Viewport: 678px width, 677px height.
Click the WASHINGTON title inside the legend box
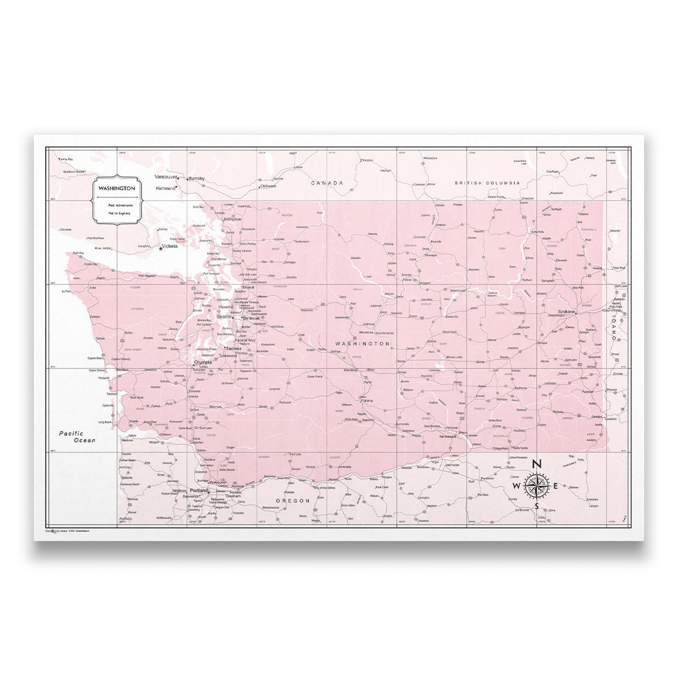[116, 188]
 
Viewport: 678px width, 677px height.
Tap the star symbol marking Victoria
[161, 248]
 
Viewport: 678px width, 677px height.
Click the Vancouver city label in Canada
[166, 177]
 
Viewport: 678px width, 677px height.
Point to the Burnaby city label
[196, 178]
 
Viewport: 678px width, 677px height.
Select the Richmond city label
[166, 188]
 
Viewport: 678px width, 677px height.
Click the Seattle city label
[223, 317]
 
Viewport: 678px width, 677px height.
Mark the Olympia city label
[203, 362]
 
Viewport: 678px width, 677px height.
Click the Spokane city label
[567, 311]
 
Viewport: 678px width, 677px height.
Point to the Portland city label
[199, 490]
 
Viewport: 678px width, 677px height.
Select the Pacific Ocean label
[77, 437]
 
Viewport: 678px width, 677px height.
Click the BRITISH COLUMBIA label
[487, 183]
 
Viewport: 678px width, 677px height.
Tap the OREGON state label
[293, 500]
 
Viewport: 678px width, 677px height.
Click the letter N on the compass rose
[536, 464]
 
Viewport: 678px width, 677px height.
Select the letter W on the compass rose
[516, 486]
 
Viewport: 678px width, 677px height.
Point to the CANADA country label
[327, 183]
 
